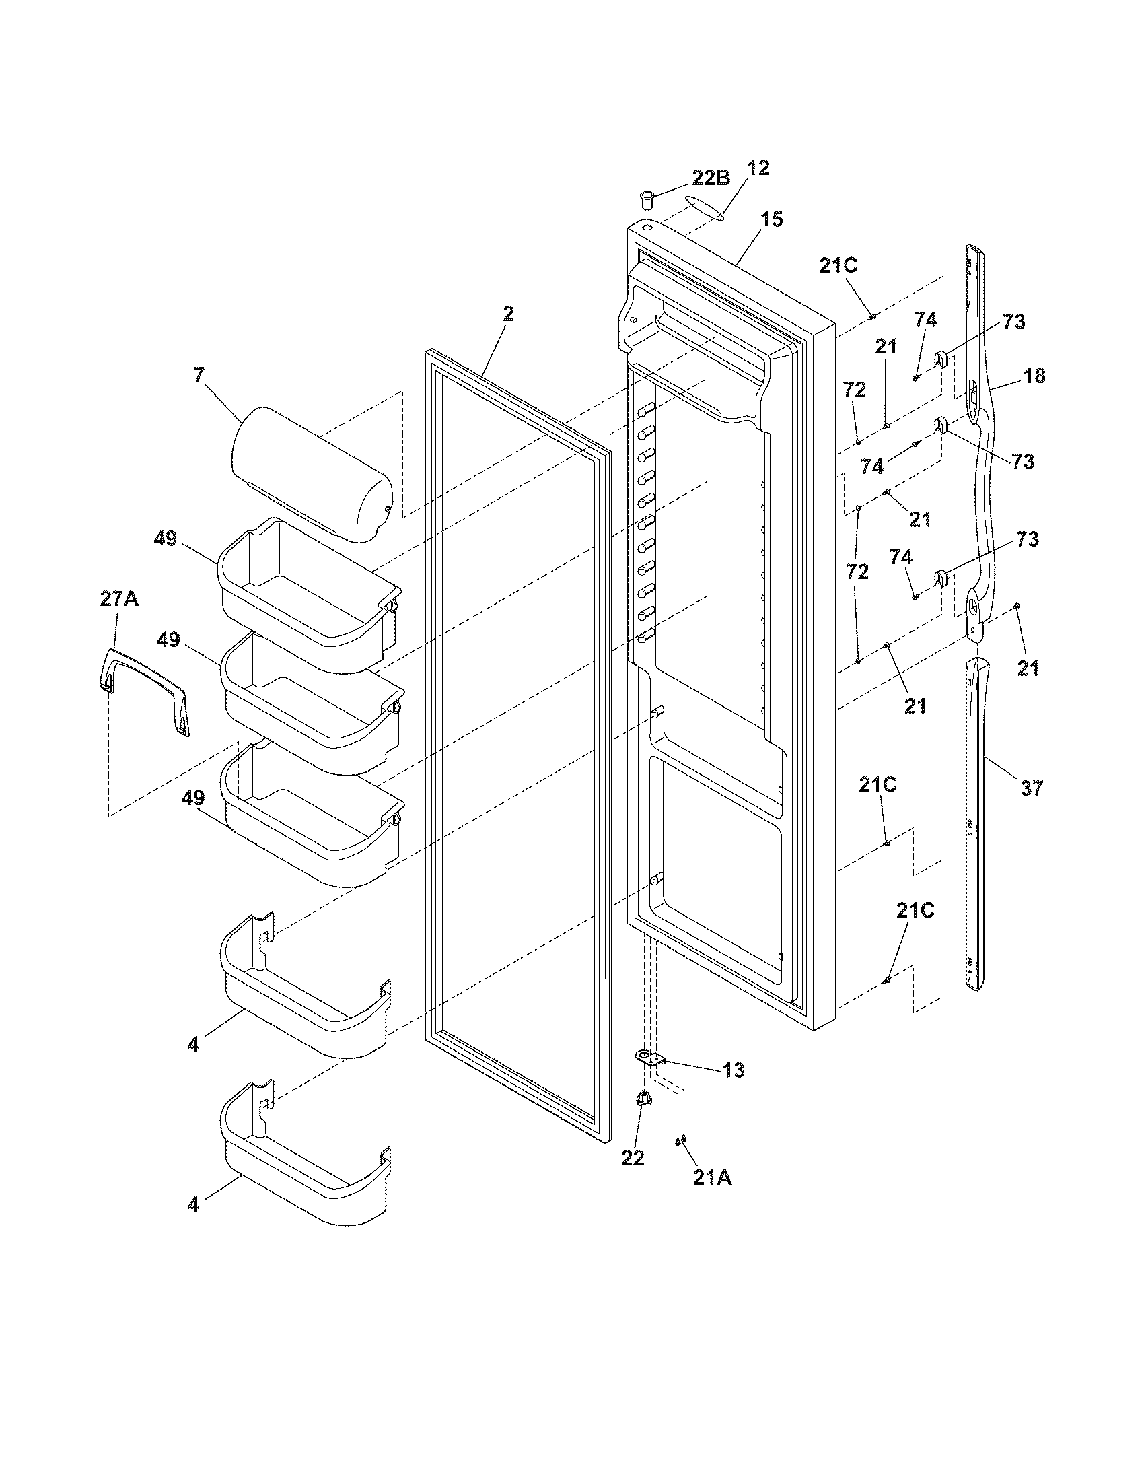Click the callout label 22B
coord(710,178)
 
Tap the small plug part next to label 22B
coord(647,202)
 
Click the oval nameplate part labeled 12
coord(704,207)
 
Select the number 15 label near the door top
coord(771,219)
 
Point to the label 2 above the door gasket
coord(507,314)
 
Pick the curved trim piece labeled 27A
coord(145,689)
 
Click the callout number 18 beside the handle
coord(1034,376)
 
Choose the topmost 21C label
coord(838,266)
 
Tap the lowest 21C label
coord(915,911)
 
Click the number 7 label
coord(199,375)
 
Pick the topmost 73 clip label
coord(1013,322)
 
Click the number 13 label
coord(734,1070)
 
